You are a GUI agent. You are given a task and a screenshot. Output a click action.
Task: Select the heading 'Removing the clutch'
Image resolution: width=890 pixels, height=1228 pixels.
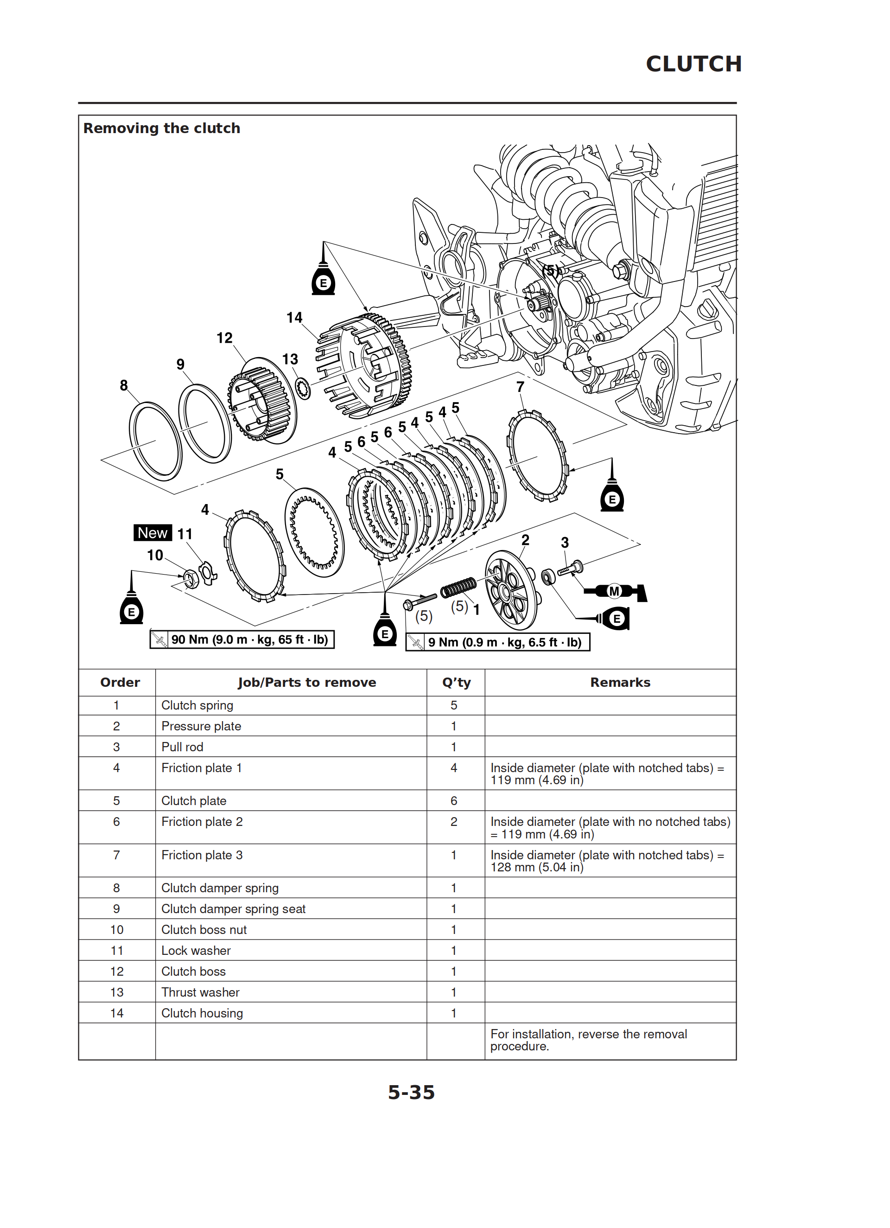(x=161, y=128)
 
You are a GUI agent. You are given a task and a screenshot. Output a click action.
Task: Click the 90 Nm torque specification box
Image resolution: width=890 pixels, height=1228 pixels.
(x=242, y=640)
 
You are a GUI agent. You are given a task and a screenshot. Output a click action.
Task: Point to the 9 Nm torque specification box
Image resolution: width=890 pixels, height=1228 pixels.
(x=497, y=642)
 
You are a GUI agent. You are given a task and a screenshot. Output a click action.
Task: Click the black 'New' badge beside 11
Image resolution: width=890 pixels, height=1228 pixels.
(x=152, y=533)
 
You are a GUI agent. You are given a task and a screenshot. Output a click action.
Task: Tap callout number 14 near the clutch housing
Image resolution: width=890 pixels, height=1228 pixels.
(x=294, y=317)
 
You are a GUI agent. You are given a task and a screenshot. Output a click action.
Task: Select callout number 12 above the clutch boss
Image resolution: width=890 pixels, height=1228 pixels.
(x=224, y=338)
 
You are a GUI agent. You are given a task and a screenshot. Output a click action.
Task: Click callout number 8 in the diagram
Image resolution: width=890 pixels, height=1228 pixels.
(x=123, y=385)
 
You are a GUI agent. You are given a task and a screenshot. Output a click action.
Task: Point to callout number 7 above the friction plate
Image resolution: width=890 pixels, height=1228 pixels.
(x=520, y=387)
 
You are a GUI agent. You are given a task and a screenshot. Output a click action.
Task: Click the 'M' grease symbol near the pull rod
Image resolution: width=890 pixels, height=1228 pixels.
(x=614, y=591)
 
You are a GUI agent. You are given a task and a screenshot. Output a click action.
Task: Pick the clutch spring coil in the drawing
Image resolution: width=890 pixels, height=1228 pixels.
(x=458, y=587)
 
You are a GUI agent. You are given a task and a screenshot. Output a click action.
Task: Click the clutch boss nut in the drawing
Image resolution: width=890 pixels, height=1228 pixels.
(x=190, y=578)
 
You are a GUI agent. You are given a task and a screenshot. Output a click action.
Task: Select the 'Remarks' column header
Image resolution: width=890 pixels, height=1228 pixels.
(x=620, y=682)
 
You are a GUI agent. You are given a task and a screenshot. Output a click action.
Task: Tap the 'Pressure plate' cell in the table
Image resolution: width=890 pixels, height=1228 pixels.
(x=201, y=726)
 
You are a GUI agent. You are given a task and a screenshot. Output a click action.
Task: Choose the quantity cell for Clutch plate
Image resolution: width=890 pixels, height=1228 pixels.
(x=454, y=800)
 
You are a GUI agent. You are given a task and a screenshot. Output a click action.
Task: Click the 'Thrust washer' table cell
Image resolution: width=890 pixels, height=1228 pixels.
(x=200, y=992)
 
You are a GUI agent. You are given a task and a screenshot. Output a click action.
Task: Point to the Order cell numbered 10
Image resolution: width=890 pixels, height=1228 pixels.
(x=116, y=930)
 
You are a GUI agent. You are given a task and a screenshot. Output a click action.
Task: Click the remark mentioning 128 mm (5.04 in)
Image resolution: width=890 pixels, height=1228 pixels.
(x=606, y=861)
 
